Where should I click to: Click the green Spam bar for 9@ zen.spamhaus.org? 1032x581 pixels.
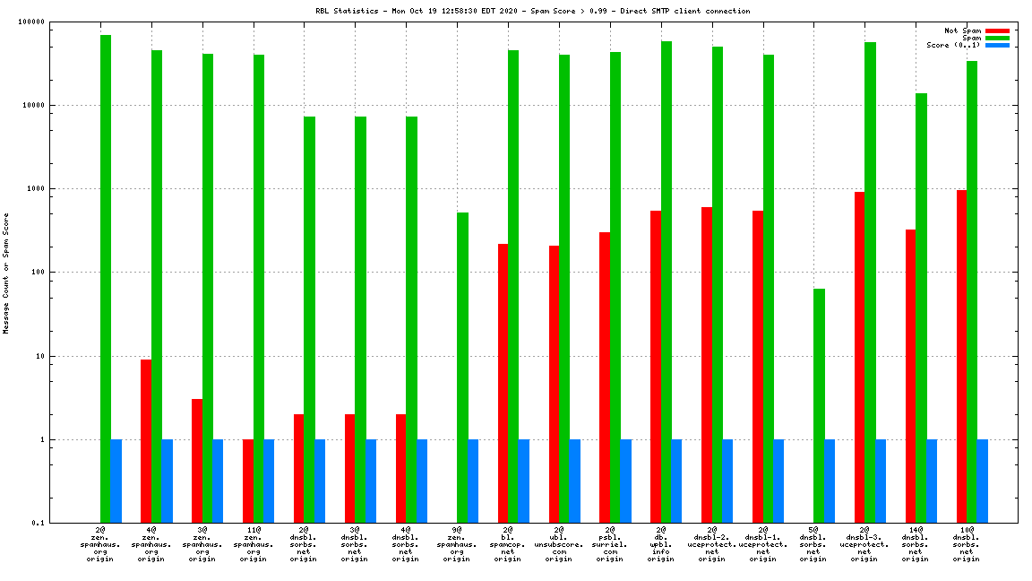click(462, 368)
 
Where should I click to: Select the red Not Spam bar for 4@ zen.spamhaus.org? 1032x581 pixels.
click(146, 440)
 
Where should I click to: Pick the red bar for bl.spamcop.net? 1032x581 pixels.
click(503, 383)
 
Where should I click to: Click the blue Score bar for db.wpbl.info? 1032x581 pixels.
click(676, 481)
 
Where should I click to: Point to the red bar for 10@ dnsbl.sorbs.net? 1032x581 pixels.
click(961, 356)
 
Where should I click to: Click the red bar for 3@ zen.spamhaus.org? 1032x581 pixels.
click(197, 461)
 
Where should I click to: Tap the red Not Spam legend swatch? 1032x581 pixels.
click(997, 30)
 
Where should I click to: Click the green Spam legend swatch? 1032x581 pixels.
click(997, 38)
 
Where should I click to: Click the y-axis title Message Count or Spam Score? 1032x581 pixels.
click(6, 273)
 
